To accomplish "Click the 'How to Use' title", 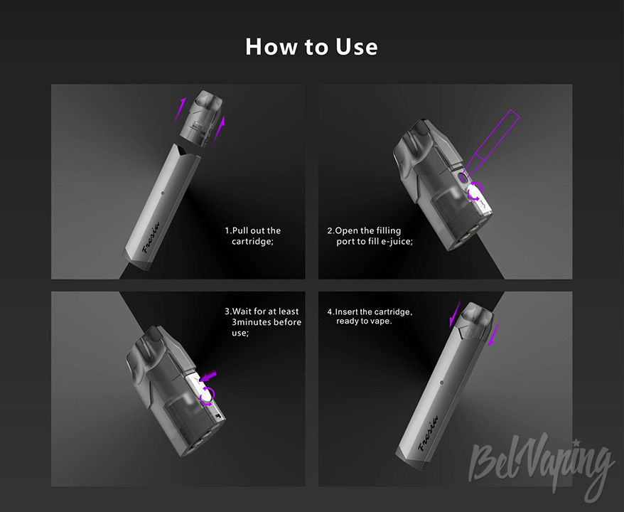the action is [x=311, y=47].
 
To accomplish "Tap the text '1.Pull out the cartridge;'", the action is [x=253, y=236].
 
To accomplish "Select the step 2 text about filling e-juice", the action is [x=370, y=236].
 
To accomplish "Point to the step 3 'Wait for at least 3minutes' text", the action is [x=263, y=322].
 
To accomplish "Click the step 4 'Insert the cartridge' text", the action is [x=370, y=316].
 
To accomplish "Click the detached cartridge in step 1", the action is [x=201, y=118].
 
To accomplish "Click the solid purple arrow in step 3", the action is [x=208, y=375].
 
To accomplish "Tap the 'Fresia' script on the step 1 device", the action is [x=151, y=238].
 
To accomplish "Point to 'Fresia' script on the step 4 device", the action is [x=429, y=434].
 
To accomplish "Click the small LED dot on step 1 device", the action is [x=163, y=193].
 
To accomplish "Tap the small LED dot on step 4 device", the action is [x=441, y=383].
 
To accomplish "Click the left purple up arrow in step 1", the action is [x=180, y=109].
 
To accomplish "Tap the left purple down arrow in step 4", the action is [x=455, y=314].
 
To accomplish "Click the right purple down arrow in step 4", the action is [x=493, y=334].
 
